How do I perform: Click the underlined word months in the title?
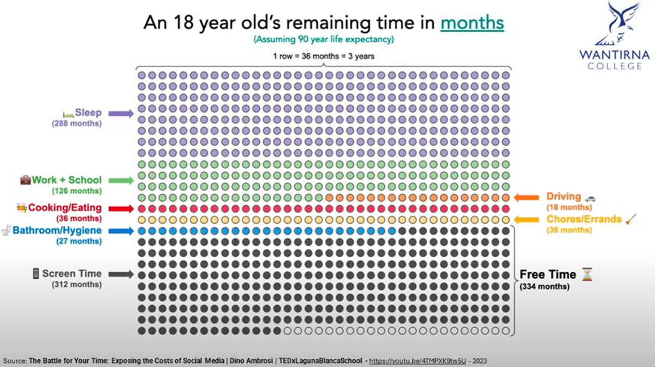(x=472, y=23)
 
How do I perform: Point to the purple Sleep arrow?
(x=121, y=114)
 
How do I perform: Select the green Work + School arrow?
(x=121, y=180)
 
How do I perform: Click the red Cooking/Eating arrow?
(x=121, y=208)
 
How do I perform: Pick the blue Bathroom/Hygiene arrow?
(x=121, y=231)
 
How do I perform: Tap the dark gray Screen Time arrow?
(x=121, y=274)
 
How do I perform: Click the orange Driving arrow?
(x=526, y=197)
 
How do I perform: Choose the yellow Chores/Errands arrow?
(x=526, y=220)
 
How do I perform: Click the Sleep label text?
(x=88, y=113)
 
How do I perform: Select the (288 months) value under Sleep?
(x=76, y=123)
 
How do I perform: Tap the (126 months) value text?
(x=76, y=191)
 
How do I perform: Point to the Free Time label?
(x=547, y=275)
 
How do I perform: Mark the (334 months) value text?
(x=545, y=286)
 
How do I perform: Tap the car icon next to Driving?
(x=590, y=198)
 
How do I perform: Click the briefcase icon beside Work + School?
(x=25, y=180)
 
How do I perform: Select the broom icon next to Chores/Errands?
(x=631, y=219)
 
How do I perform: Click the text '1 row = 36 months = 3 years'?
(x=324, y=56)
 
